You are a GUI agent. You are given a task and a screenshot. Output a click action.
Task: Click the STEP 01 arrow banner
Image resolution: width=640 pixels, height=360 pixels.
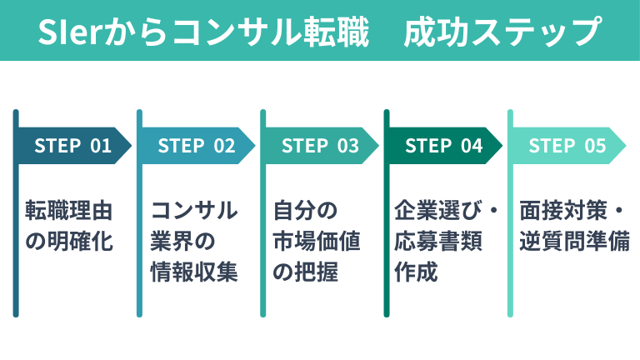pos(73,146)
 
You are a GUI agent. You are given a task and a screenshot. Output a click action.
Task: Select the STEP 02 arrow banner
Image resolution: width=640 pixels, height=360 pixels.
pos(197,146)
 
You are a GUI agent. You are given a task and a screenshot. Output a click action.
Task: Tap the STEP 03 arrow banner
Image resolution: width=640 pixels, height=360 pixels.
pos(320,146)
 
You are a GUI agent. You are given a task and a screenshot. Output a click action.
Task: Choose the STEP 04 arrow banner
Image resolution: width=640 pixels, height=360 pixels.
pos(443,146)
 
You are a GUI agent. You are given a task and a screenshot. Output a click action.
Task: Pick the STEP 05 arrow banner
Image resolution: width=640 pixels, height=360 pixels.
pos(567,146)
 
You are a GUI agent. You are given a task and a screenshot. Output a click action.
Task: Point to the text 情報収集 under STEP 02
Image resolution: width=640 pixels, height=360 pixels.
pos(193,273)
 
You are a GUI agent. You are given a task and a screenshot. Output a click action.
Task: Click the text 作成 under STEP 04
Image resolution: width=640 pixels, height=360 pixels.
pos(417,273)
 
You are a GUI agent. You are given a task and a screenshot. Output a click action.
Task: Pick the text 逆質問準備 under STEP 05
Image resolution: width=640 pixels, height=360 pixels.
pos(574,242)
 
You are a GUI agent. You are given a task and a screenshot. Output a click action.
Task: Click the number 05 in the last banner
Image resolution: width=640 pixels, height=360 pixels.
pos(595,146)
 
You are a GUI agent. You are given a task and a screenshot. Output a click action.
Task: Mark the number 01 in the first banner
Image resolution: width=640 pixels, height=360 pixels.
pos(101,146)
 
